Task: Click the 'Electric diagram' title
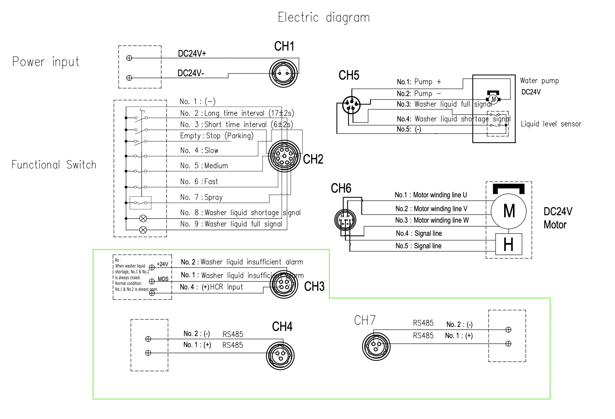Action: tap(324, 18)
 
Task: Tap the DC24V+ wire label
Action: tap(192, 54)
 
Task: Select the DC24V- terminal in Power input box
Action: tap(129, 78)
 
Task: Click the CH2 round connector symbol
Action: tap(284, 156)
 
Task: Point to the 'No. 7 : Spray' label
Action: tap(201, 197)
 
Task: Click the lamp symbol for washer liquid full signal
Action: tap(143, 230)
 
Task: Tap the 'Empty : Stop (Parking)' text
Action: tap(217, 136)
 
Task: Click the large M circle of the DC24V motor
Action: tap(509, 212)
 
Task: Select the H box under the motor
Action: tap(509, 244)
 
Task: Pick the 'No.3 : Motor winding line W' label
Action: tap(432, 220)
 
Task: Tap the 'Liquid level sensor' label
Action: tap(551, 124)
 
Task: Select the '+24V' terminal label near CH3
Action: tap(162, 264)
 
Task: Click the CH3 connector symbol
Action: tap(284, 284)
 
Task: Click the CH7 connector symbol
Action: tap(376, 346)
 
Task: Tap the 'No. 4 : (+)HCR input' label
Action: tap(212, 287)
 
